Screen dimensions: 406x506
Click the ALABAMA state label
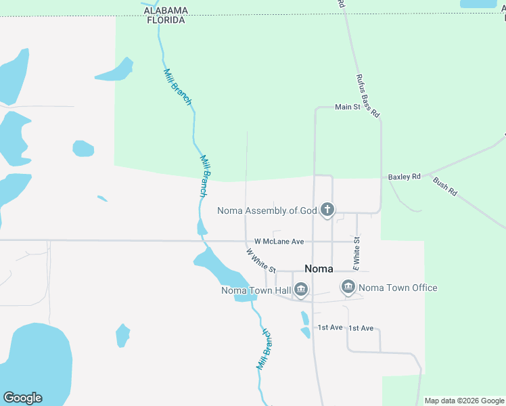click(166, 11)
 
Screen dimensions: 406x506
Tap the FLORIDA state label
click(166, 20)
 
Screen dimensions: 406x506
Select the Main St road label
click(348, 107)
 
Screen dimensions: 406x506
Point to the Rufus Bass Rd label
click(367, 97)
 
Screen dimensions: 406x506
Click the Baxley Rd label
click(404, 177)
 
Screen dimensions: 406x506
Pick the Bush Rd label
click(444, 187)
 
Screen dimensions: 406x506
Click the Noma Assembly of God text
click(267, 210)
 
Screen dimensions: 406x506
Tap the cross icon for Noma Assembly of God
click(327, 210)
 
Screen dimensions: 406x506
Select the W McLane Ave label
click(279, 242)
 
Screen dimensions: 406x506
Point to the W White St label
click(260, 260)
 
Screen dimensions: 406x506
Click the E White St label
click(356, 250)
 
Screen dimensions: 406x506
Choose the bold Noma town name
click(319, 269)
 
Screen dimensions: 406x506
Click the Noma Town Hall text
click(256, 291)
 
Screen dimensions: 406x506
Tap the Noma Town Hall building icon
click(301, 291)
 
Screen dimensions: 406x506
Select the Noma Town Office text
click(398, 288)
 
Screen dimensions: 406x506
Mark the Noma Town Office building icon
click(348, 288)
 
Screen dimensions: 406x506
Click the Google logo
click(22, 398)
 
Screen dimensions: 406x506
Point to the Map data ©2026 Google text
click(465, 401)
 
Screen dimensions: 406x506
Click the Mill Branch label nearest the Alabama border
click(178, 87)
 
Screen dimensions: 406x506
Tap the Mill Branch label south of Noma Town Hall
click(264, 349)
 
